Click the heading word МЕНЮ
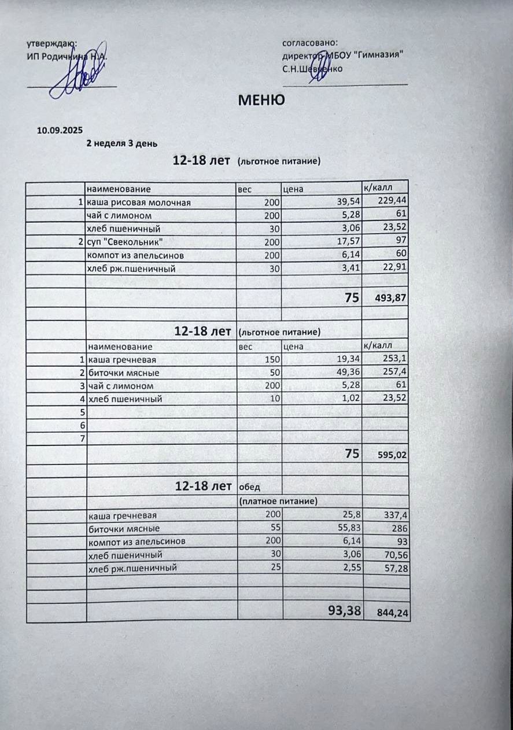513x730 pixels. tap(261, 100)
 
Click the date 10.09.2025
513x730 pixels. tap(60, 131)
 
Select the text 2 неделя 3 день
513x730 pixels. tap(121, 143)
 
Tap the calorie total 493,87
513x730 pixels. tap(392, 298)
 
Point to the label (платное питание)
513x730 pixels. tap(278, 501)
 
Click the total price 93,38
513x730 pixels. tap(344, 610)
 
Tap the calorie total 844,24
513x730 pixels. tap(392, 613)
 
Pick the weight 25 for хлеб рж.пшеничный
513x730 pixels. tap(275, 567)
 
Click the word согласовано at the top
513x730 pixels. tap(309, 42)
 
